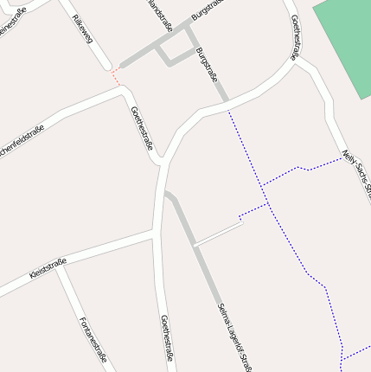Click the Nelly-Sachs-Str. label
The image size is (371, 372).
356,170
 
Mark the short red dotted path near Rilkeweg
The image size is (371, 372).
115,77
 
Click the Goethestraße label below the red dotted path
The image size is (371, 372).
142,128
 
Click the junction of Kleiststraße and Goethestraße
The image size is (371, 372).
154,232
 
